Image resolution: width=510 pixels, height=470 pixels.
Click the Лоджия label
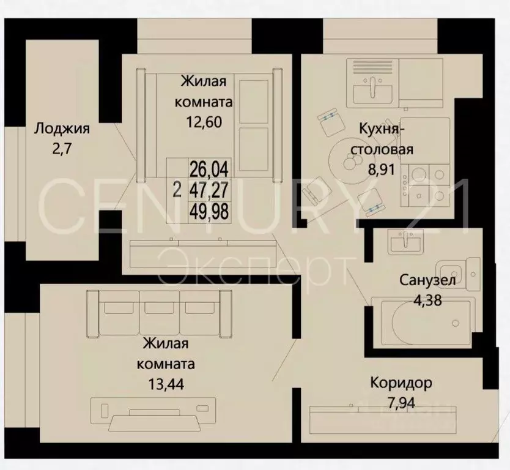tap(62, 129)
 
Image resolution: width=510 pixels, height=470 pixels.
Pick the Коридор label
tap(401, 383)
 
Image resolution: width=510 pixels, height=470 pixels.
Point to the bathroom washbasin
tap(405, 244)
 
